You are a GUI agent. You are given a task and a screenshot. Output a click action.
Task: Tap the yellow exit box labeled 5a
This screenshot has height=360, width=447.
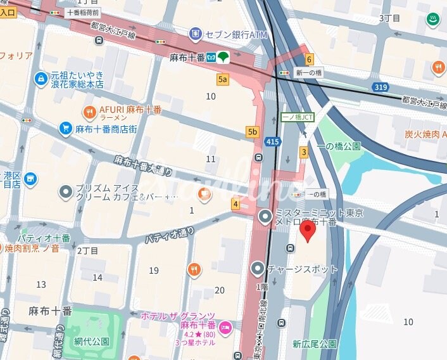222,79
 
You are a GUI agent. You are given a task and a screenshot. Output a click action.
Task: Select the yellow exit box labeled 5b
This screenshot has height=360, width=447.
253,132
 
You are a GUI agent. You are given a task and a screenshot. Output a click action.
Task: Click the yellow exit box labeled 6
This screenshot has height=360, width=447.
309,60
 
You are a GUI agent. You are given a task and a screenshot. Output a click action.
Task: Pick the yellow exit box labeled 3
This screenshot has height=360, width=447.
304,151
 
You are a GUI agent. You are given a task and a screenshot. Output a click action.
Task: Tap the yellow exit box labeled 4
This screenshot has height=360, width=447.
236,203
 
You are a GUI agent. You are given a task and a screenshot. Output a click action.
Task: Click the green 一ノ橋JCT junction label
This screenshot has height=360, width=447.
296,118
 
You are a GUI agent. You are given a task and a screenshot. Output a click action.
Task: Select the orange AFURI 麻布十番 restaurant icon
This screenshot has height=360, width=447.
90,112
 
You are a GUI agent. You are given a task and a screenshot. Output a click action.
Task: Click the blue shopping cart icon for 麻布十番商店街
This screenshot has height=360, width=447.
65,129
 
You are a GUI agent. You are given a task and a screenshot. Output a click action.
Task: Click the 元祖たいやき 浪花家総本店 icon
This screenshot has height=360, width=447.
41,78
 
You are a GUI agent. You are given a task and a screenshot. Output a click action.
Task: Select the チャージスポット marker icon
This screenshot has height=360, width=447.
258,268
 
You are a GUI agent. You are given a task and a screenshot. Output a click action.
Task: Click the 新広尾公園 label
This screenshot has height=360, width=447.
314,344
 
